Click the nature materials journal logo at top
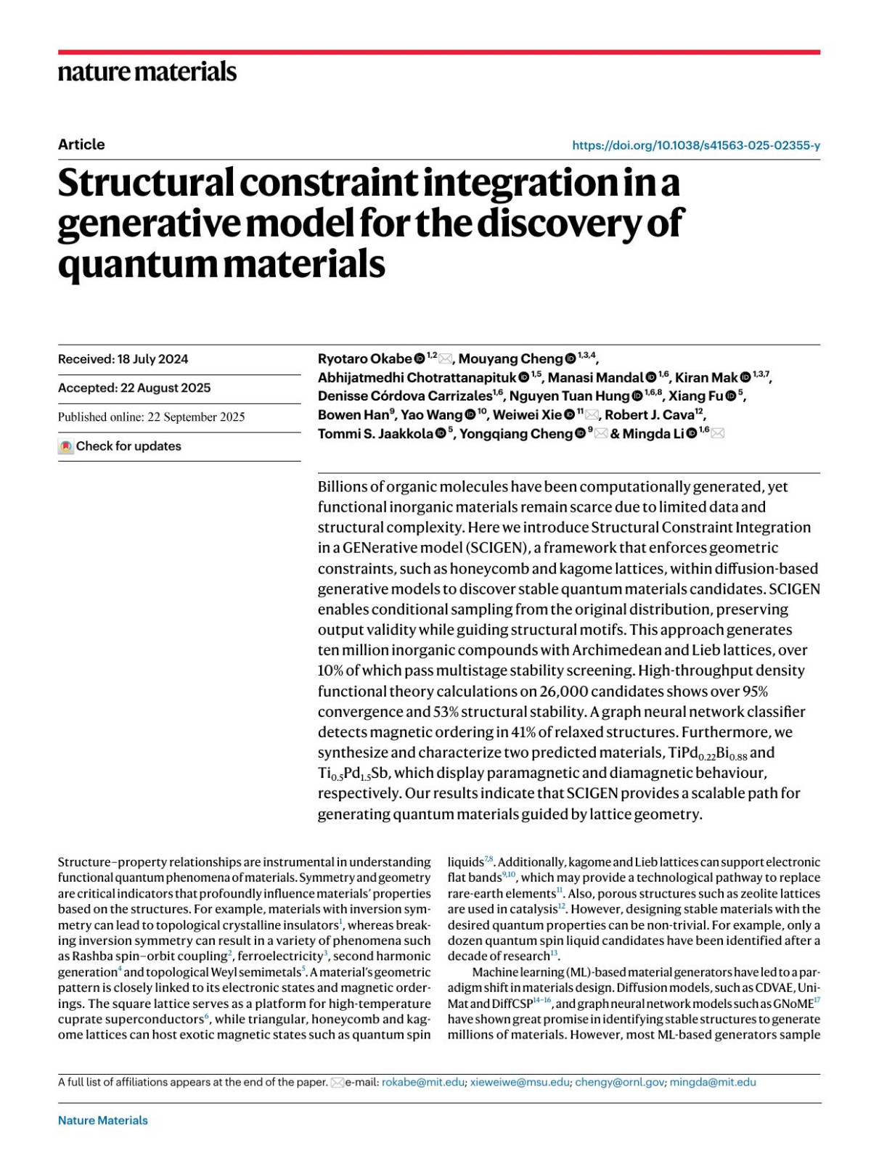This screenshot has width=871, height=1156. pyautogui.click(x=147, y=72)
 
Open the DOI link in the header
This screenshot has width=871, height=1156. pyautogui.click(x=695, y=145)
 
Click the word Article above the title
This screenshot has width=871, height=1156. pyautogui.click(x=81, y=144)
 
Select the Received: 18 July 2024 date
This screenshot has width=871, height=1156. pyautogui.click(x=123, y=359)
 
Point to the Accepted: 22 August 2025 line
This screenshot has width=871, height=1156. pyautogui.click(x=134, y=388)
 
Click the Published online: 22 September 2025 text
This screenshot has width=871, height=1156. pyautogui.click(x=151, y=417)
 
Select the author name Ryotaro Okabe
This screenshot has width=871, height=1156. pyautogui.click(x=365, y=359)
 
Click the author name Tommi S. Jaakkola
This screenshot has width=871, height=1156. pyautogui.click(x=375, y=434)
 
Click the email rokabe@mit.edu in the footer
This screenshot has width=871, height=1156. pyautogui.click(x=423, y=1082)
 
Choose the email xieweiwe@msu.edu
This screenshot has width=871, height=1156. pyautogui.click(x=520, y=1082)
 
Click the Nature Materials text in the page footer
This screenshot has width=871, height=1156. pyautogui.click(x=103, y=1120)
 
